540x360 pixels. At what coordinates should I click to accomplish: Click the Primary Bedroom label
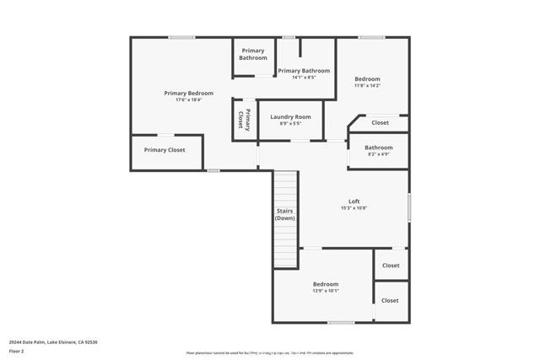[188, 93]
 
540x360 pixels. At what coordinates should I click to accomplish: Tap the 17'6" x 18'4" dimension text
[188, 100]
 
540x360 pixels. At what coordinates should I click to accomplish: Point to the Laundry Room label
[290, 116]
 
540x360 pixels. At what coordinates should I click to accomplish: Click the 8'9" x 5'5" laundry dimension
[290, 124]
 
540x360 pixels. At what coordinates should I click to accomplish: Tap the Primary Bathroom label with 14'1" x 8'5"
[303, 71]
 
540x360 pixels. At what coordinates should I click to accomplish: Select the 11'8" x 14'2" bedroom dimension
[367, 86]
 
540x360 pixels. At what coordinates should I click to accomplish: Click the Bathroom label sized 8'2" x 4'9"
[378, 148]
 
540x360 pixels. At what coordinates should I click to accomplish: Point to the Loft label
[354, 201]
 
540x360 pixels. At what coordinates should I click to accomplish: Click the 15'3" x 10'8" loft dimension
[354, 208]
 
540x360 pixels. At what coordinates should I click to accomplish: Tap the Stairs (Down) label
[284, 214]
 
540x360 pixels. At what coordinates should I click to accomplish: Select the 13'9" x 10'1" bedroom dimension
[326, 292]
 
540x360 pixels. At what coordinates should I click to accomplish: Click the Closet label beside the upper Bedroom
[381, 122]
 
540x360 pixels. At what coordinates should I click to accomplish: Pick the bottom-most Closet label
[390, 300]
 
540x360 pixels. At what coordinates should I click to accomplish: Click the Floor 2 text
[16, 351]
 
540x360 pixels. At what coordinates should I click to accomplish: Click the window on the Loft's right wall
[409, 207]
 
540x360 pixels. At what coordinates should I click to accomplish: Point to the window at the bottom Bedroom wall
[340, 322]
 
